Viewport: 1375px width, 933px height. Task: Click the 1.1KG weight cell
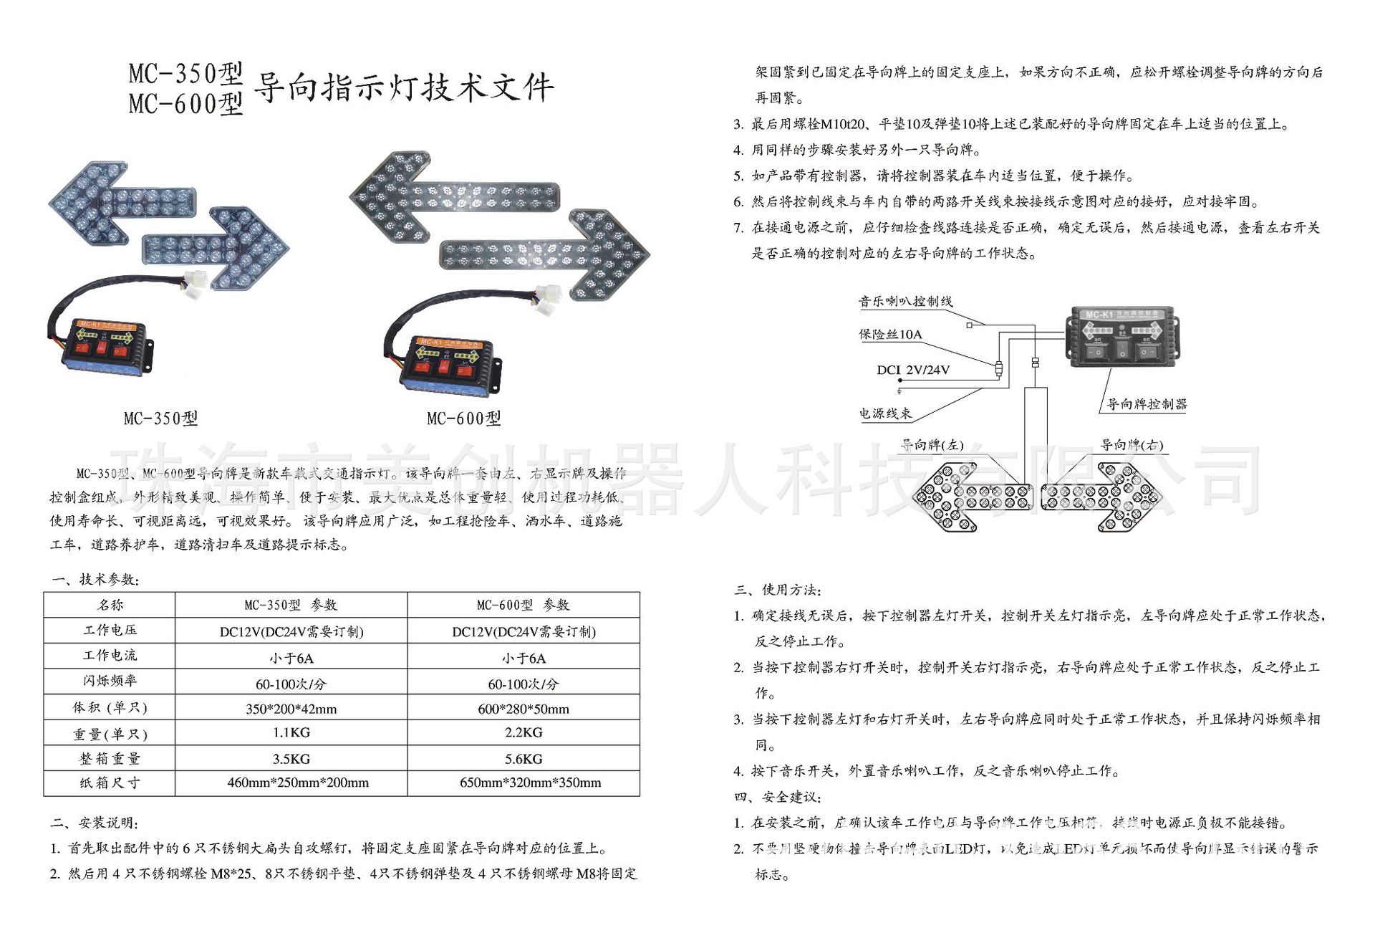click(x=291, y=732)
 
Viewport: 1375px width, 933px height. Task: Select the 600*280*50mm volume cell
click(x=524, y=709)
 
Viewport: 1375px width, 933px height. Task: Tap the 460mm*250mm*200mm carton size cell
click(x=298, y=783)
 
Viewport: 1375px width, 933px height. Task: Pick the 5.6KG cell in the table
click(x=524, y=758)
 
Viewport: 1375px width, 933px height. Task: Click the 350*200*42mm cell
click(x=291, y=709)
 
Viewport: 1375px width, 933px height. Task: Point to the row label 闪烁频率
click(x=110, y=680)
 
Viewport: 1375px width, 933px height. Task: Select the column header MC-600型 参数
click(x=524, y=605)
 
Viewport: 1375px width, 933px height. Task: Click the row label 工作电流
click(x=110, y=655)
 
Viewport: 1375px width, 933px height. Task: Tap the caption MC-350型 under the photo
click(x=160, y=418)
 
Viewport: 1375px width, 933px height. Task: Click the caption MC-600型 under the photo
click(x=464, y=418)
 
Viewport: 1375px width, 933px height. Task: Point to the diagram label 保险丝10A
click(x=890, y=335)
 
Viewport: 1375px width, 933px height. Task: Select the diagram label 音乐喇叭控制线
click(x=906, y=302)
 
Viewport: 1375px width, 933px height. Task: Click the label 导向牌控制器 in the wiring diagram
click(x=1147, y=404)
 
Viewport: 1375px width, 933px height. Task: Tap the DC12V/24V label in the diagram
click(x=913, y=370)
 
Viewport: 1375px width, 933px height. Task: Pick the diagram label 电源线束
click(x=886, y=413)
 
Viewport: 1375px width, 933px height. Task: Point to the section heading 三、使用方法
click(x=778, y=590)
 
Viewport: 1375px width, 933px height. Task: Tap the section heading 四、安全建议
click(x=778, y=797)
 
